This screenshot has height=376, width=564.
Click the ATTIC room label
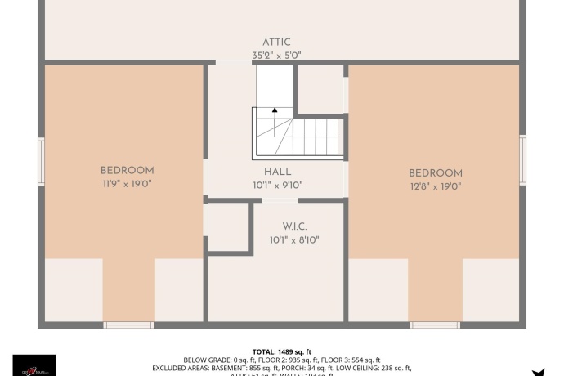pos(276,43)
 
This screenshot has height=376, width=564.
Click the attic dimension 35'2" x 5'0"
pos(276,56)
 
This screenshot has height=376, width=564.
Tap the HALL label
pos(278,172)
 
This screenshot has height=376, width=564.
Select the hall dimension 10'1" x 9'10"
pos(278,186)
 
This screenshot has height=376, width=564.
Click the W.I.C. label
pos(294,226)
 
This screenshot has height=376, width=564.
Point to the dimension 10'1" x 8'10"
pos(294,240)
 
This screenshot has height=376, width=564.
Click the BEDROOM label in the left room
pos(127,170)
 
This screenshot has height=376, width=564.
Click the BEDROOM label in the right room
pos(436,173)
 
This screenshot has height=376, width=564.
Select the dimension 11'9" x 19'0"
pos(127,184)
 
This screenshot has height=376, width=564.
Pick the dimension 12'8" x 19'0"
pos(436,186)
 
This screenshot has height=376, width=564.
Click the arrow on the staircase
pos(275,110)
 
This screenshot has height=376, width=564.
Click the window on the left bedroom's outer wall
pos(41,161)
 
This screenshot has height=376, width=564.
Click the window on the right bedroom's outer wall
pos(522,159)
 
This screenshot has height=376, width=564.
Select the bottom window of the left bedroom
pos(128,325)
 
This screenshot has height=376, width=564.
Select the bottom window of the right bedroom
pos(434,325)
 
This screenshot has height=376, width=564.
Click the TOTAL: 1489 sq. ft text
pos(281,351)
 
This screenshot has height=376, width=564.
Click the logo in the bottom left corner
pos(34,365)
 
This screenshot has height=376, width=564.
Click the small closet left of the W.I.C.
pos(228,226)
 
